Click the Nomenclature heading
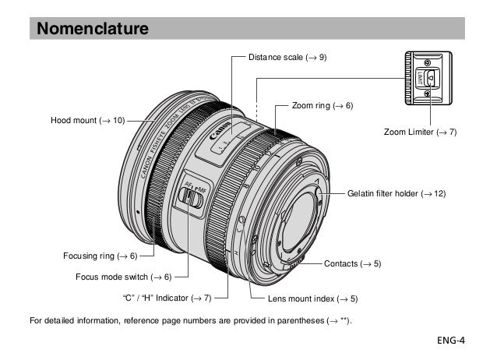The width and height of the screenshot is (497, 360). [x=93, y=30]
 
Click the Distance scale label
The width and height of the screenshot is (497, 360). [x=287, y=57]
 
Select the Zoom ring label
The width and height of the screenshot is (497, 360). [x=322, y=104]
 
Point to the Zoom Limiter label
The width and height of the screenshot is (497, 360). [x=420, y=132]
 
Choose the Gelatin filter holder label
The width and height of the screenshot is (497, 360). [x=396, y=192]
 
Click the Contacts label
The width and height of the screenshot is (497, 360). [x=352, y=264]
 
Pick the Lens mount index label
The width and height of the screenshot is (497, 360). [x=312, y=298]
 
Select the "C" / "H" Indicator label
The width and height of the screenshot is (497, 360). [x=167, y=298]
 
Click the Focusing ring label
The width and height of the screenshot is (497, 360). [x=100, y=256]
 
